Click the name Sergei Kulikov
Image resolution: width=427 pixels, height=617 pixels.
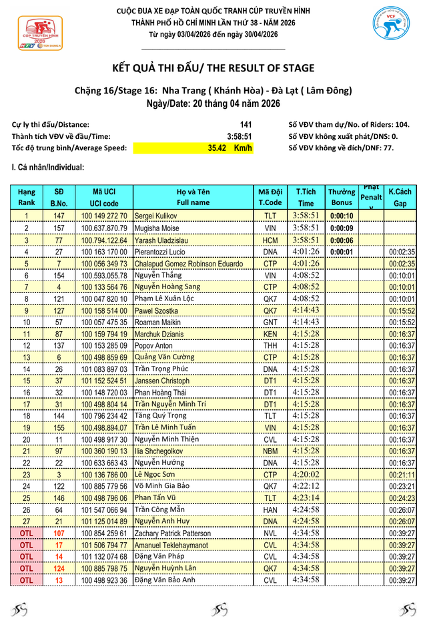(x=155, y=216)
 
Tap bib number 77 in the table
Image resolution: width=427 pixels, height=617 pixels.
(x=59, y=240)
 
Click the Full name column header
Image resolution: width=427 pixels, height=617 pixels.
(x=193, y=197)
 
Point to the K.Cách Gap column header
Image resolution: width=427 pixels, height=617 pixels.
(x=400, y=197)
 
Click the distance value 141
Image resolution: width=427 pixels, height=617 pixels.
(x=246, y=124)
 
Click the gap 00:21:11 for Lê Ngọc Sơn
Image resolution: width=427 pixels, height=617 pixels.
(x=402, y=475)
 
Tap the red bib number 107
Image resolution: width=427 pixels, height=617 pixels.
(x=59, y=533)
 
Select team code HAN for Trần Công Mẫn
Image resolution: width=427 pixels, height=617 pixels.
(x=270, y=509)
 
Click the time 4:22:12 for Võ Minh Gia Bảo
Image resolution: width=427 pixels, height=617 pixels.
(x=306, y=486)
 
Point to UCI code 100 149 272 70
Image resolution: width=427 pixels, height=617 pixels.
(x=104, y=216)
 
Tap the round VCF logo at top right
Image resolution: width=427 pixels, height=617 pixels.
(x=392, y=29)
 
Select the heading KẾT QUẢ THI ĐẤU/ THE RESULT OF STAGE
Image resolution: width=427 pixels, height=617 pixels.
(x=213, y=68)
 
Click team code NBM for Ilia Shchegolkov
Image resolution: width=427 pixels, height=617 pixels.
(x=270, y=451)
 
